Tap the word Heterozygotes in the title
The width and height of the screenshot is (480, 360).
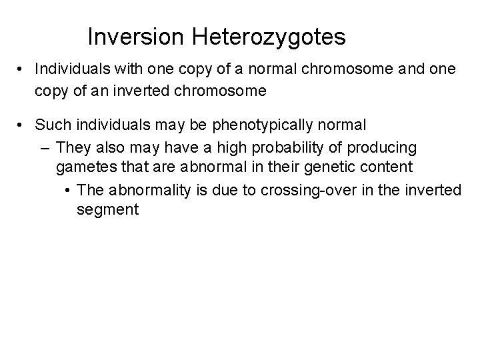click(x=270, y=38)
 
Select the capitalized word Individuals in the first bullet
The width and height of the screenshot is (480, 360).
click(x=71, y=69)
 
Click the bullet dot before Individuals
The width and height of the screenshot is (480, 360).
click(x=23, y=69)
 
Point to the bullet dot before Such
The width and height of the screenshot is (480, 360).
click(x=23, y=125)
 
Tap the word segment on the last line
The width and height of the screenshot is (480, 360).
click(x=107, y=210)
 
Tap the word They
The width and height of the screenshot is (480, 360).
click(x=74, y=146)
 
